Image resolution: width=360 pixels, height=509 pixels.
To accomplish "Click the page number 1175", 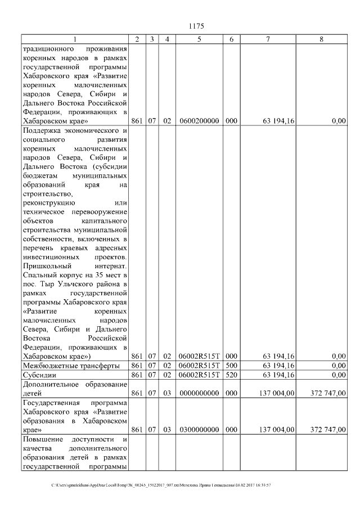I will click(196, 26).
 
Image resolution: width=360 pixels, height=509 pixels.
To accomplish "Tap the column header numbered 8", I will click(321, 39).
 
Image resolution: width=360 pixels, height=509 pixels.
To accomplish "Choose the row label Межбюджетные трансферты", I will click(63, 366).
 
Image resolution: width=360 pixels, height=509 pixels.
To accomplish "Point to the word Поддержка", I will click(42, 131).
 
